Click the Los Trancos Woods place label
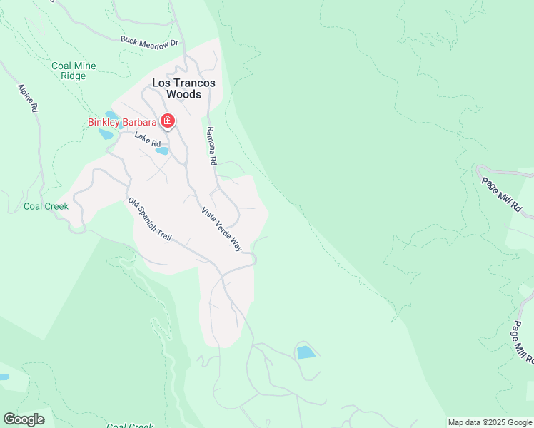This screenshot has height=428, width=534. (184, 88)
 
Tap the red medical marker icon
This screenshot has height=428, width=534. (168, 122)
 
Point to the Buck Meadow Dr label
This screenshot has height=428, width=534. (148, 44)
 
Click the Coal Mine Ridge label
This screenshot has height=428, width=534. (74, 71)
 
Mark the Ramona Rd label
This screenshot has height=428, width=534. (211, 146)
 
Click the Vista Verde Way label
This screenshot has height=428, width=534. (222, 229)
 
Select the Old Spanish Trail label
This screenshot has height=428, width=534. (149, 219)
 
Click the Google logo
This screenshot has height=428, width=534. (24, 419)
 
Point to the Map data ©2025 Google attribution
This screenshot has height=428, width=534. (490, 422)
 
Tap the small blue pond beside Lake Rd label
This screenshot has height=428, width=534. (162, 151)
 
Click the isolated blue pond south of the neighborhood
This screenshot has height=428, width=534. (306, 352)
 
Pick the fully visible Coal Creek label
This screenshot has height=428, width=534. (46, 207)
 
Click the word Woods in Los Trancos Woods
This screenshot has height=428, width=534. (184, 93)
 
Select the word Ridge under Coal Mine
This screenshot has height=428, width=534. (74, 76)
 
